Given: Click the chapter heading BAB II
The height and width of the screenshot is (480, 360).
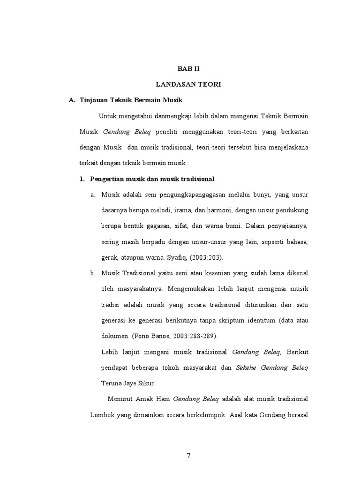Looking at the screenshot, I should tap(188, 68).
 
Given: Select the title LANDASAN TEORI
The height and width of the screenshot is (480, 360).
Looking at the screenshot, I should tap(188, 84).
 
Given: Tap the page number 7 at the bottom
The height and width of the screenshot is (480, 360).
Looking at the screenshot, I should tap(188, 456).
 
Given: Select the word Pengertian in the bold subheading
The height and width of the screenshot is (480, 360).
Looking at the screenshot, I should tap(107, 179).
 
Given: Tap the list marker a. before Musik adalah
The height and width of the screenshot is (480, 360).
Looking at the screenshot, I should tap(93, 195).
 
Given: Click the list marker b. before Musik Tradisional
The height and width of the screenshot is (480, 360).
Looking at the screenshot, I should tap(93, 273).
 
